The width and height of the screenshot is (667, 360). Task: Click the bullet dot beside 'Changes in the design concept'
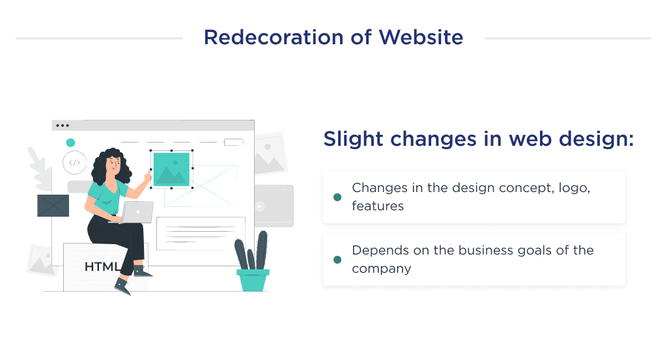[337, 197]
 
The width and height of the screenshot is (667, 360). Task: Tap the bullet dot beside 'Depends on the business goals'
[337, 260]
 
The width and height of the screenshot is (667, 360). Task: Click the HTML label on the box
[102, 267]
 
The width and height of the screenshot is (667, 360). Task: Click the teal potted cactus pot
[253, 280]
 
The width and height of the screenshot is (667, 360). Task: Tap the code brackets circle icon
[74, 163]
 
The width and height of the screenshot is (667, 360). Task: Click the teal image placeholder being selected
[171, 169]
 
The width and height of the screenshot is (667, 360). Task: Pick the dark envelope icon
[53, 206]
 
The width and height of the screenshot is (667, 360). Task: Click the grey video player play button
[260, 206]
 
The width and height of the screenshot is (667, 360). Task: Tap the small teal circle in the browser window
[70, 143]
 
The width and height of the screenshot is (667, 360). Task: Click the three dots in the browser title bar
[63, 126]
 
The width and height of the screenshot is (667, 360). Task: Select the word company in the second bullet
[382, 268]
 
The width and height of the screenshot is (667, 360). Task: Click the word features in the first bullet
[378, 206]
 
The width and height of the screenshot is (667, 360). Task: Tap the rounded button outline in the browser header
[233, 143]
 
